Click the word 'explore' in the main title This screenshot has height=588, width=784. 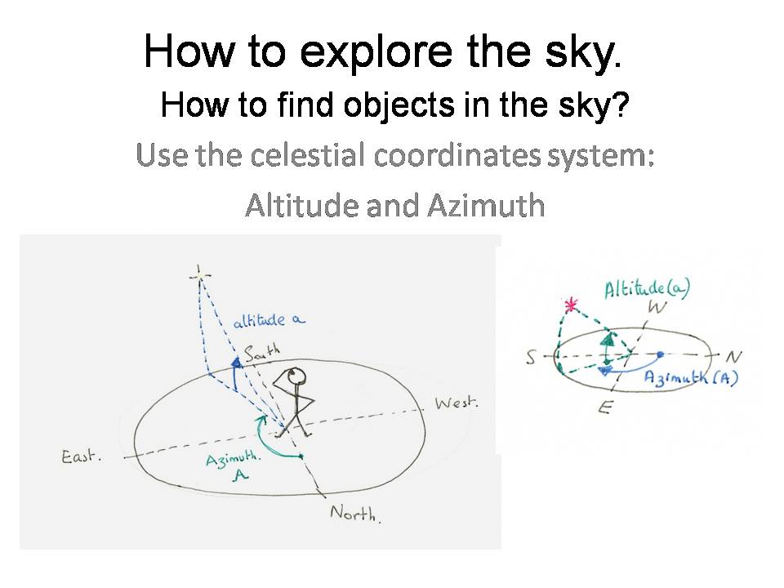click(376, 53)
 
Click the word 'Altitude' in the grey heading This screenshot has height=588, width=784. click(301, 205)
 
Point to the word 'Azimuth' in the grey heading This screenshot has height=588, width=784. click(486, 205)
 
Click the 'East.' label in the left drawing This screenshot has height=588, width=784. click(82, 457)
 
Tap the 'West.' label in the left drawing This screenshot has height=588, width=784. click(457, 403)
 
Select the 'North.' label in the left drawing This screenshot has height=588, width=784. click(355, 513)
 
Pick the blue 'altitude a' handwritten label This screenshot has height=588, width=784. click(269, 320)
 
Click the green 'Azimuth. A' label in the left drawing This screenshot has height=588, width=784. click(234, 465)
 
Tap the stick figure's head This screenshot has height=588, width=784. click(296, 375)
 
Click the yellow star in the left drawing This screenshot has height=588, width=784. click(200, 275)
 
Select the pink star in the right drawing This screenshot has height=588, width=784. click(571, 304)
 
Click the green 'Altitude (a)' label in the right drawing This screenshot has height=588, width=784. click(647, 288)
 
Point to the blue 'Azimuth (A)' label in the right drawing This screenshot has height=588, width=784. click(691, 377)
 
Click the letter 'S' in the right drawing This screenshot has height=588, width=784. click(532, 357)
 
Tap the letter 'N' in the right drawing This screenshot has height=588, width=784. click(733, 357)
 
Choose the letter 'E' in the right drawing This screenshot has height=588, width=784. click(605, 408)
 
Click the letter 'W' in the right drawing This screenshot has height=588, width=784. click(657, 308)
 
